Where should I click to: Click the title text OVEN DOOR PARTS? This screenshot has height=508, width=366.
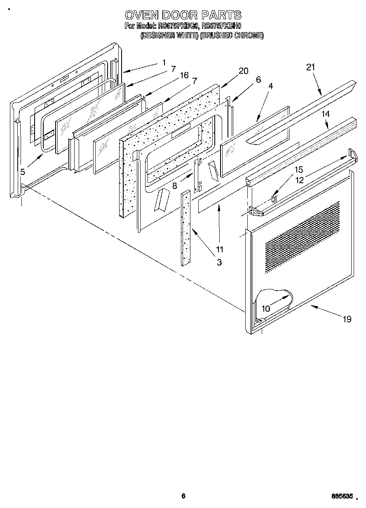[183, 15]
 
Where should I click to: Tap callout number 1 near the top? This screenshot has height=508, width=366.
[164, 63]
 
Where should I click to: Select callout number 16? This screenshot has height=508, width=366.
[184, 75]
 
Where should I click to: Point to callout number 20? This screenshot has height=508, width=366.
[243, 71]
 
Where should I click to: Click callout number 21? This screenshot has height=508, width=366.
[310, 67]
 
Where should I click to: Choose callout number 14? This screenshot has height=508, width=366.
[326, 114]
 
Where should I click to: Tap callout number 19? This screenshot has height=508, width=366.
[347, 319]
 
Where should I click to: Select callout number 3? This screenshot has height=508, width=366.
[219, 262]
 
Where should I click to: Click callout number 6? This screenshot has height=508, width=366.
[258, 80]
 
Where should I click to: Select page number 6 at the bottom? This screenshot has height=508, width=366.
[184, 496]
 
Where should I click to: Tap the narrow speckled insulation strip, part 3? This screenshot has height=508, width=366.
[185, 228]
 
